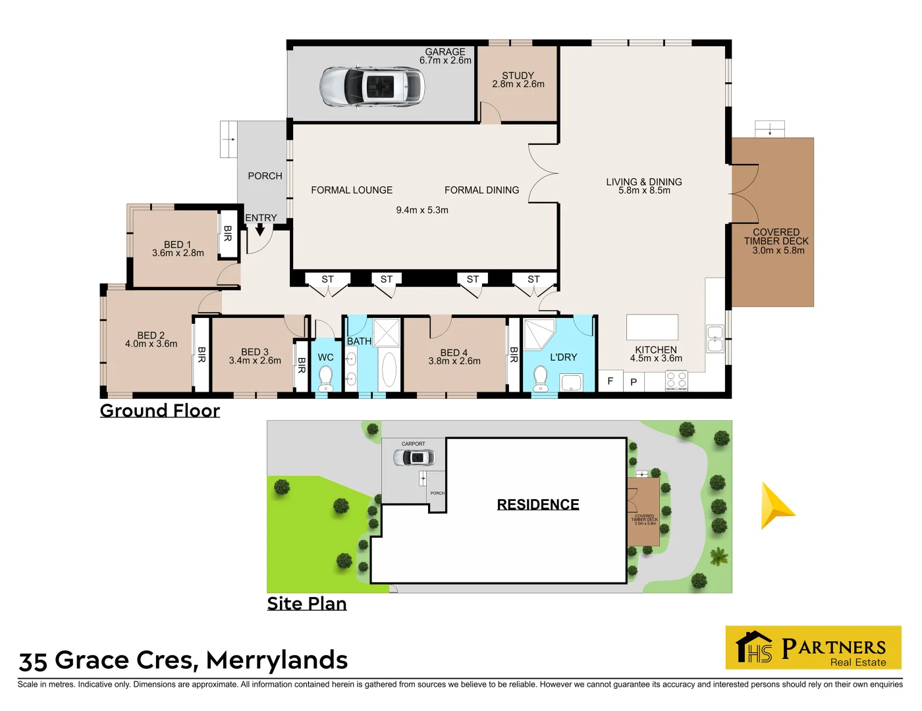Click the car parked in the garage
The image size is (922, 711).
point(372,86)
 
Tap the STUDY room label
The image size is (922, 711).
point(518,76)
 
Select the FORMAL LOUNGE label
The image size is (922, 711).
point(352,190)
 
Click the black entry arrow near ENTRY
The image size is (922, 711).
point(259,230)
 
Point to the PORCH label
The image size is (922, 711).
point(265,176)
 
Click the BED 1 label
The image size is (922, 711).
point(177,244)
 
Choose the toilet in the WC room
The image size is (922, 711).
point(325,377)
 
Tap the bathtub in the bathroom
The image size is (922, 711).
point(389,369)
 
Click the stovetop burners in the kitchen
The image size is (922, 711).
point(676,380)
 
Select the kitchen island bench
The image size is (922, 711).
point(652,327)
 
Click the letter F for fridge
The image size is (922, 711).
point(610,381)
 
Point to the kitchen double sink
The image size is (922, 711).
point(715,338)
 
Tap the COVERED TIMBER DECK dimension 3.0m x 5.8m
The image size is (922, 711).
point(778,251)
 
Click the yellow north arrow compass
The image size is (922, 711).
point(777,506)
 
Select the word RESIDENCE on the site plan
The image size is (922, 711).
point(538,504)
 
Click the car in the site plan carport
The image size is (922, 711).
point(414,457)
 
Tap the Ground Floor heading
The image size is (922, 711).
point(160,411)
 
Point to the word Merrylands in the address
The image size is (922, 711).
point(277,660)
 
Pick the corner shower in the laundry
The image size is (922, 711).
point(540,333)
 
